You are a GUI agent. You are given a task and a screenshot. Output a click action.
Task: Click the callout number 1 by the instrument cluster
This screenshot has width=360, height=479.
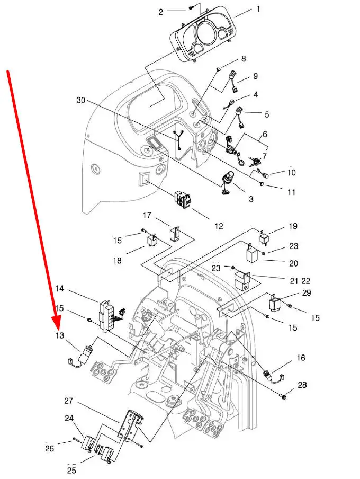(258, 9)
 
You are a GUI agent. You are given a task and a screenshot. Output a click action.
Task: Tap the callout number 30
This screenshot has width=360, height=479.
(80, 100)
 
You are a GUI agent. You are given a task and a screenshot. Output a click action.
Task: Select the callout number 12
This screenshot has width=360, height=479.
(219, 226)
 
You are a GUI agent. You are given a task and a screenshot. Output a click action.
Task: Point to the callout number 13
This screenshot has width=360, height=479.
(60, 335)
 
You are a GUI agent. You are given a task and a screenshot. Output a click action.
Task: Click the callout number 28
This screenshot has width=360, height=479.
(302, 385)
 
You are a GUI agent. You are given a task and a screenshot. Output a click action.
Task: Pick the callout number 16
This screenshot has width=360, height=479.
(301, 358)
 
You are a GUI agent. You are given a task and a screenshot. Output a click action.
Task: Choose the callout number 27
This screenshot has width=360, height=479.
(69, 401)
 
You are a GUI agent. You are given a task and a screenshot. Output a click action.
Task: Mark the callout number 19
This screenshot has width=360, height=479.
(293, 226)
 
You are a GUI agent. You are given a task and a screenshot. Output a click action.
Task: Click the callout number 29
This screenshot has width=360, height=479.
(306, 293)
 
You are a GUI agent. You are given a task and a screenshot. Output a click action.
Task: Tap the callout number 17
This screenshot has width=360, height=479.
(147, 215)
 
